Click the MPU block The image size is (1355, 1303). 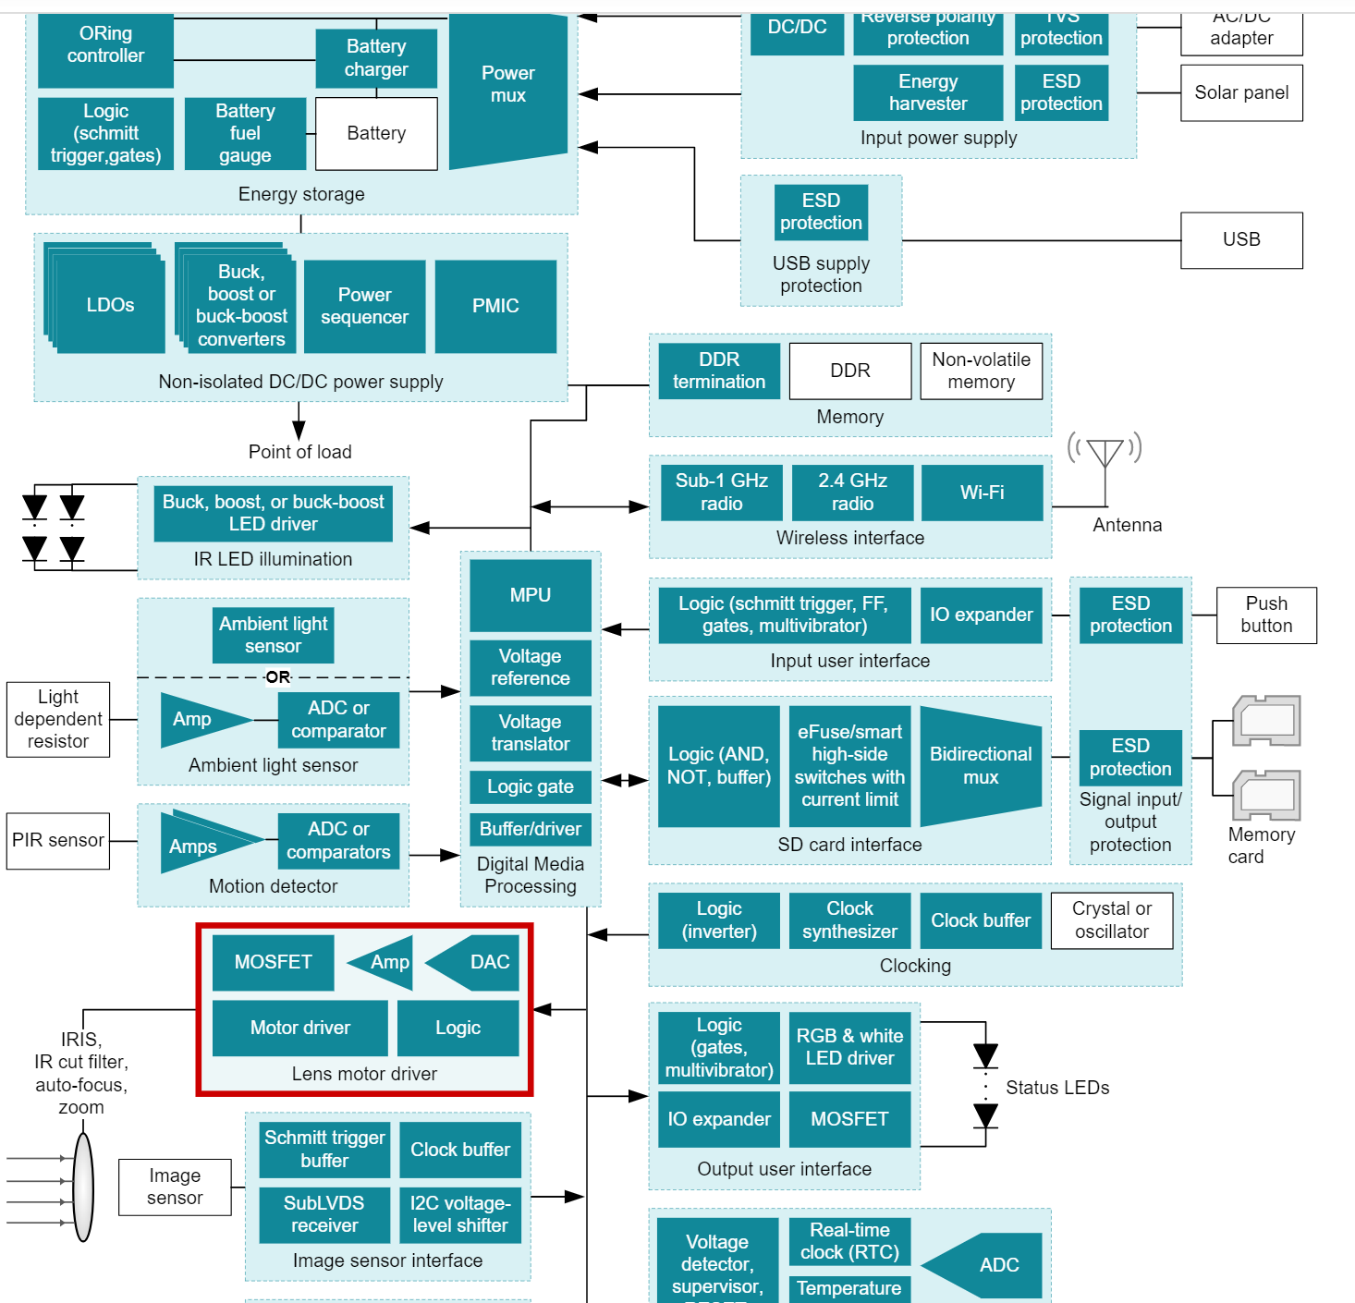(x=530, y=595)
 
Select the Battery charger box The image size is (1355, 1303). (x=376, y=57)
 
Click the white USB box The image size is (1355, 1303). (x=1240, y=240)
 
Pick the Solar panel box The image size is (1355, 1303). (x=1240, y=92)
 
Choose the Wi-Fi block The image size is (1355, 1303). (x=982, y=493)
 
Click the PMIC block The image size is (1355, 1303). (x=495, y=306)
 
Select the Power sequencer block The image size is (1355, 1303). (x=364, y=306)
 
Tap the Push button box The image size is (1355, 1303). (x=1265, y=615)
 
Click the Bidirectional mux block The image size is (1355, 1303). (x=981, y=766)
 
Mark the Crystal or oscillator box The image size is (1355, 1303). (x=1111, y=920)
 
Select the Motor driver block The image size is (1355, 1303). (x=299, y=1028)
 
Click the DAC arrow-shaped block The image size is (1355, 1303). (x=476, y=962)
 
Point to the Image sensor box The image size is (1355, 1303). (x=175, y=1187)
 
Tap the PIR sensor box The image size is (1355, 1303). (x=57, y=841)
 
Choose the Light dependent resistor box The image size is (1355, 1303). (x=57, y=719)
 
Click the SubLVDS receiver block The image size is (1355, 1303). (x=323, y=1214)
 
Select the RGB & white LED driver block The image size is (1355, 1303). (x=849, y=1047)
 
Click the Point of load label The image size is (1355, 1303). (x=299, y=452)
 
